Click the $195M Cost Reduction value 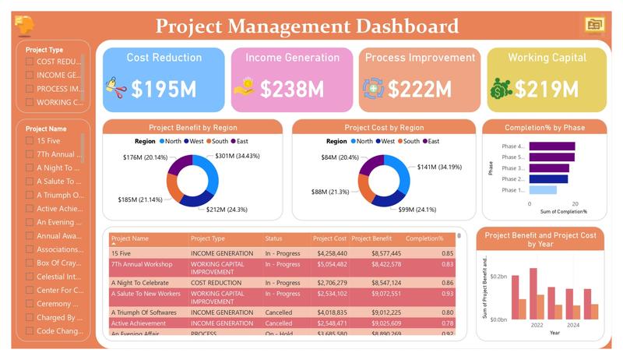pyautogui.click(x=164, y=89)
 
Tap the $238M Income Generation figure pyautogui.click(x=292, y=89)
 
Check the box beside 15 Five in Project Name pyautogui.click(x=30, y=141)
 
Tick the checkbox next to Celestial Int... pyautogui.click(x=30, y=277)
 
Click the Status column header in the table pyautogui.click(x=273, y=238)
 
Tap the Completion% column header pyautogui.click(x=424, y=238)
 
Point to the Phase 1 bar pyautogui.click(x=543, y=190)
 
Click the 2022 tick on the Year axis pyautogui.click(x=537, y=325)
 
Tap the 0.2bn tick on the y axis pyautogui.click(x=498, y=277)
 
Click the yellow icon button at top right pyautogui.click(x=595, y=25)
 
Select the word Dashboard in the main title pyautogui.click(x=407, y=26)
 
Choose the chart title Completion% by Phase pyautogui.click(x=544, y=127)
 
